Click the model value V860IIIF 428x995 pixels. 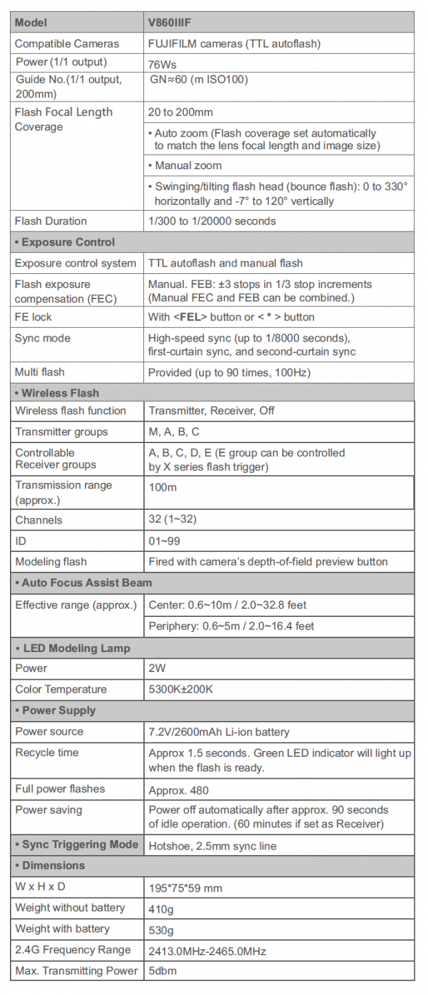[174, 22]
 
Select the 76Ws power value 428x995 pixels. [163, 65]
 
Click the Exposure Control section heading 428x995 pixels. [64, 242]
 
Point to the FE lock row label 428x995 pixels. [33, 317]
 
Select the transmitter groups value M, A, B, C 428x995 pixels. [174, 432]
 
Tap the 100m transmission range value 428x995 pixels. [162, 486]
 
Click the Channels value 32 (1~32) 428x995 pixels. [173, 520]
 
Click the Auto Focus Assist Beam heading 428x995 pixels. [83, 582]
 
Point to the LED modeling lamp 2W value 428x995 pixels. [157, 668]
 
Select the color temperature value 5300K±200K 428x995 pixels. [180, 689]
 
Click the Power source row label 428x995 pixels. [49, 732]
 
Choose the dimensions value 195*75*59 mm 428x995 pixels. [185, 887]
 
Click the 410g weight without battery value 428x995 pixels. [161, 908]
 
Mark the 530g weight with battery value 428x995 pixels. [161, 929]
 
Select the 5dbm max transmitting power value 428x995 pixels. [163, 971]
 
